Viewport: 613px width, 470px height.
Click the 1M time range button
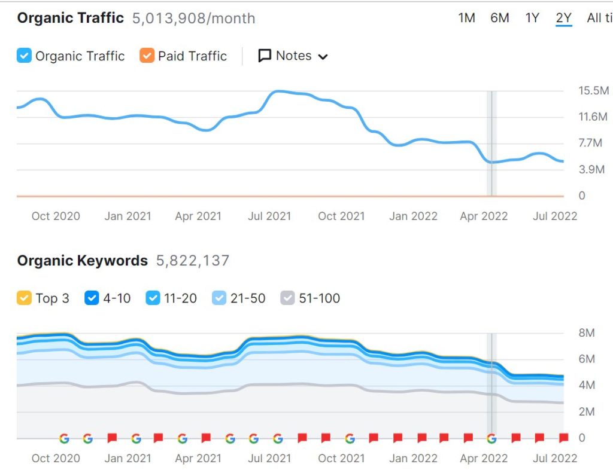(466, 18)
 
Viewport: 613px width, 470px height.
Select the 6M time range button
(500, 18)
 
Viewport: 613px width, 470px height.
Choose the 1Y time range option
(532, 18)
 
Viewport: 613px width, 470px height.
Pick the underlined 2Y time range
(564, 18)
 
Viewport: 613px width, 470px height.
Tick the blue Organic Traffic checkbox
(24, 56)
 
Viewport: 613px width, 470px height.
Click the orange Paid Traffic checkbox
(147, 56)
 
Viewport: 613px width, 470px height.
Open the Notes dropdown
(293, 56)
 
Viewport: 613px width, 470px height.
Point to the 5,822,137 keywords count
(193, 261)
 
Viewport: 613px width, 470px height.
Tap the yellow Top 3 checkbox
(24, 298)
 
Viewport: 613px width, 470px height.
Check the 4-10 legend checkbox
(92, 298)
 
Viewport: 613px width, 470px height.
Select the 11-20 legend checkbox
(153, 298)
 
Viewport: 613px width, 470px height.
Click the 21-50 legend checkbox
(220, 298)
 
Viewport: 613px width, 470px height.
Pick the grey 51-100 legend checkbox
(288, 298)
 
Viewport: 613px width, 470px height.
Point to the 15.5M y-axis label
(593, 91)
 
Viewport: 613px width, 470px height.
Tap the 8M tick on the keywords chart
(587, 333)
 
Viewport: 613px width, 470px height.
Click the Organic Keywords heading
(82, 261)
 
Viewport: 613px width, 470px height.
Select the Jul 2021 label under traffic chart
(269, 216)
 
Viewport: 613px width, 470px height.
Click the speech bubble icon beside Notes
(265, 56)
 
